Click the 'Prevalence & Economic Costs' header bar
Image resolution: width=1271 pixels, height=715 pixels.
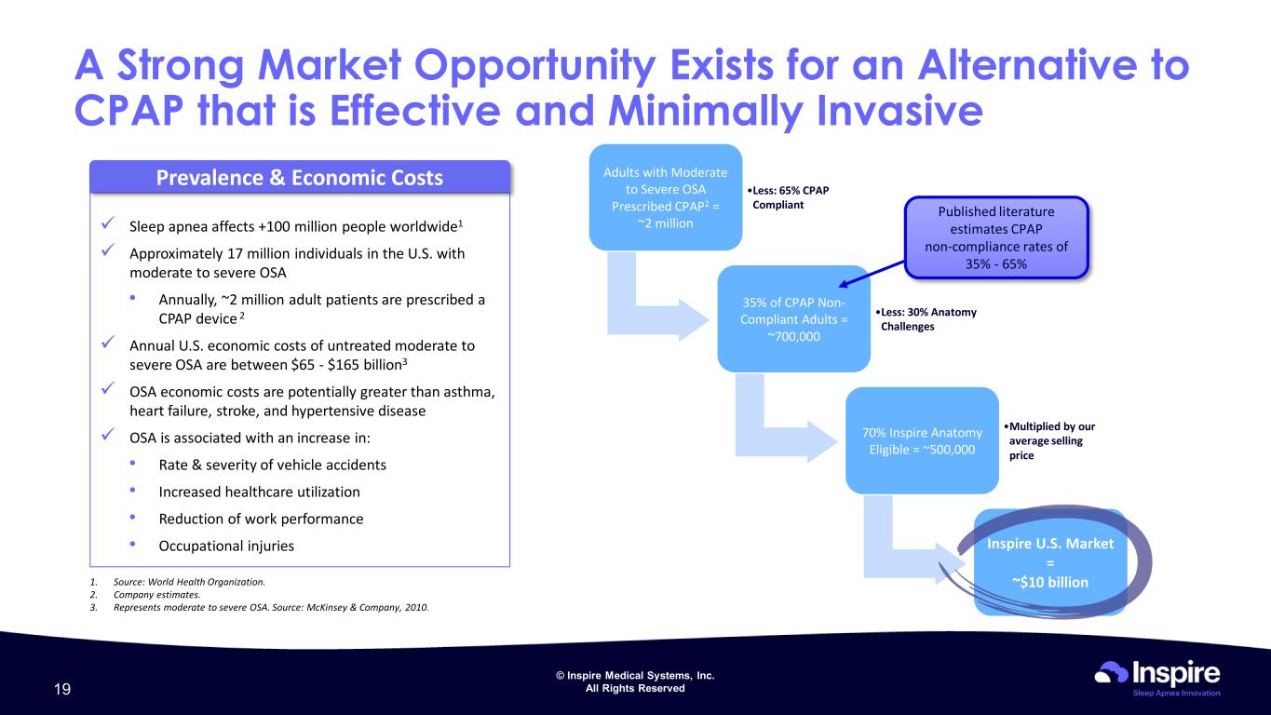click(x=300, y=177)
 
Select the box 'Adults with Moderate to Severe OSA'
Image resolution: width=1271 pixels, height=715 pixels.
click(x=666, y=197)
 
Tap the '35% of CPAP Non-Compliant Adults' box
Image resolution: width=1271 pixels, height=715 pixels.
click(x=794, y=319)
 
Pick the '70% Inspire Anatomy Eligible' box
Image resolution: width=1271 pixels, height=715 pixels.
click(x=922, y=440)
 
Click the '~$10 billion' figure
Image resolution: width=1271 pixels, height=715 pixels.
click(x=1050, y=582)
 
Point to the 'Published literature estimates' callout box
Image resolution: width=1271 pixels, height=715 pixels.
click(x=996, y=237)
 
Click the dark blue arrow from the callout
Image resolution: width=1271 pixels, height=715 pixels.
click(x=872, y=274)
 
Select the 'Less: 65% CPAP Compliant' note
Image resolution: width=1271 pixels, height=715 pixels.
click(x=788, y=197)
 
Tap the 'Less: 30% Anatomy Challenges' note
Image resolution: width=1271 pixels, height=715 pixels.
click(x=926, y=319)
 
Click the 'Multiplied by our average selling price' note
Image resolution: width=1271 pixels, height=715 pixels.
click(x=1049, y=440)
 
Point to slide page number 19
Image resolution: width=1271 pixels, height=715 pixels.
click(x=62, y=689)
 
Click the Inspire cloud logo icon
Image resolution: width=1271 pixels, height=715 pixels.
click(x=1111, y=672)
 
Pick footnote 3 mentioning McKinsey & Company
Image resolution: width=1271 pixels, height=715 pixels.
click(x=259, y=607)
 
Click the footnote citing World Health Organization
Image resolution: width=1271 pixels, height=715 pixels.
click(x=178, y=582)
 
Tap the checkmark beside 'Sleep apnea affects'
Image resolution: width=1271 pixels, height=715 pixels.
click(x=108, y=223)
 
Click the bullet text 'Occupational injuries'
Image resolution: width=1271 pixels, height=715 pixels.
click(x=226, y=546)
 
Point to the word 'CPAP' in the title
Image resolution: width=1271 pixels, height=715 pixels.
click(x=128, y=110)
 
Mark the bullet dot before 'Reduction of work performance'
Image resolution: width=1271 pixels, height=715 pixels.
click(x=132, y=517)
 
